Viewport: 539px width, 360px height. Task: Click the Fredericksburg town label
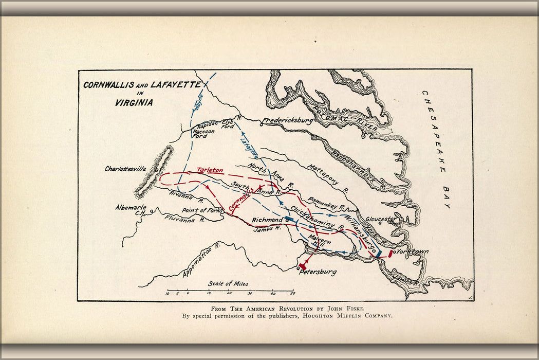pos(288,121)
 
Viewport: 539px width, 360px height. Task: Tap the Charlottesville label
pos(125,169)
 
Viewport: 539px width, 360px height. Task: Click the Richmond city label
pos(267,220)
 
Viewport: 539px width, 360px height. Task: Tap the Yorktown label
pos(413,251)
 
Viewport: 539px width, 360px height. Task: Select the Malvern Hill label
pos(320,242)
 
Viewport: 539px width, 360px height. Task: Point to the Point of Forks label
pos(202,210)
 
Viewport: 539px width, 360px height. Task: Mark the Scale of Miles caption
pos(228,283)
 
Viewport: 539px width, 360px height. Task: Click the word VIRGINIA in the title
pos(134,102)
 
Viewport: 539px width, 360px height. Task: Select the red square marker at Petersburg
pos(302,267)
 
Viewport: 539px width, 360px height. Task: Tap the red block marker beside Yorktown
pos(391,253)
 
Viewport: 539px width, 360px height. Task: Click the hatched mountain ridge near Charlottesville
pos(154,172)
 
